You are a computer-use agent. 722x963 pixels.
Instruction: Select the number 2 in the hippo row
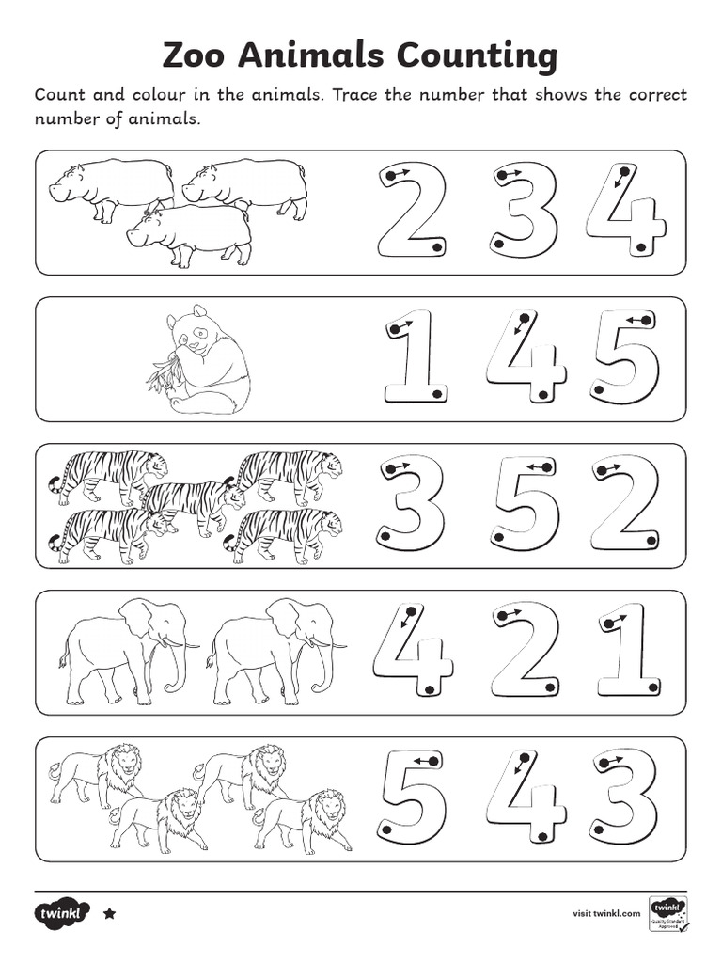click(x=411, y=210)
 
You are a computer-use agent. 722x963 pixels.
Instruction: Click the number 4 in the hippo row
click(x=624, y=210)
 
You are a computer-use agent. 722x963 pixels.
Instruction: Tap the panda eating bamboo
click(x=200, y=361)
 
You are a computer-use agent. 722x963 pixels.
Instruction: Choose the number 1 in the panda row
click(x=415, y=357)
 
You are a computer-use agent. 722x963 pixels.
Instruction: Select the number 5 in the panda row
click(x=625, y=357)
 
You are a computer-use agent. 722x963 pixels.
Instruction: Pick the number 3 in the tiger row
click(x=411, y=503)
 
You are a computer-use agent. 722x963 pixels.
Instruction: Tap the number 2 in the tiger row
click(x=625, y=503)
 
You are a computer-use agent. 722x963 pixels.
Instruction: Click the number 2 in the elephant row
click(x=524, y=651)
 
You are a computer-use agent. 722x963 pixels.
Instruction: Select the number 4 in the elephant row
click(x=411, y=651)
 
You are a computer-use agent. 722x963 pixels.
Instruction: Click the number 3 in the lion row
click(x=625, y=797)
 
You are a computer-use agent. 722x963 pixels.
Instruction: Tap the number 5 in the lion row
click(x=411, y=797)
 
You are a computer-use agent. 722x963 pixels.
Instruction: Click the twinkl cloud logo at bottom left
click(x=63, y=912)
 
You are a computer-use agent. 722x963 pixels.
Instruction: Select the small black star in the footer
click(x=109, y=912)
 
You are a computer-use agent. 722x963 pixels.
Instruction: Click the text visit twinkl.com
click(x=606, y=912)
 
